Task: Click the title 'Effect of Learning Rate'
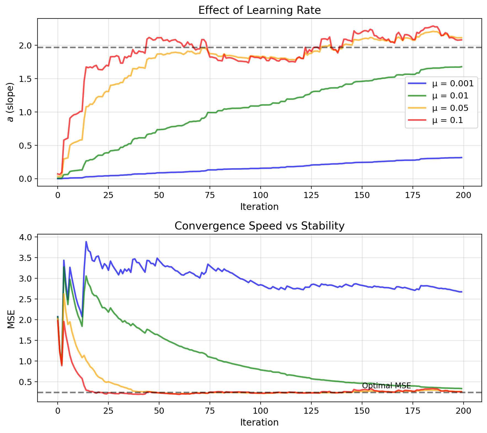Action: [x=259, y=10]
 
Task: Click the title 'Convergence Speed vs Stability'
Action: [x=259, y=226]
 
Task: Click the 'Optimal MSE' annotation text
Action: [x=386, y=386]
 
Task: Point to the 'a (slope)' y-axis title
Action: [x=10, y=102]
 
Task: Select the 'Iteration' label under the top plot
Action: [x=259, y=207]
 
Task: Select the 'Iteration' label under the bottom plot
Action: [x=259, y=423]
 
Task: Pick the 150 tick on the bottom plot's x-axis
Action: [x=362, y=411]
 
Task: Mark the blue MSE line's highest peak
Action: [x=86, y=242]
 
